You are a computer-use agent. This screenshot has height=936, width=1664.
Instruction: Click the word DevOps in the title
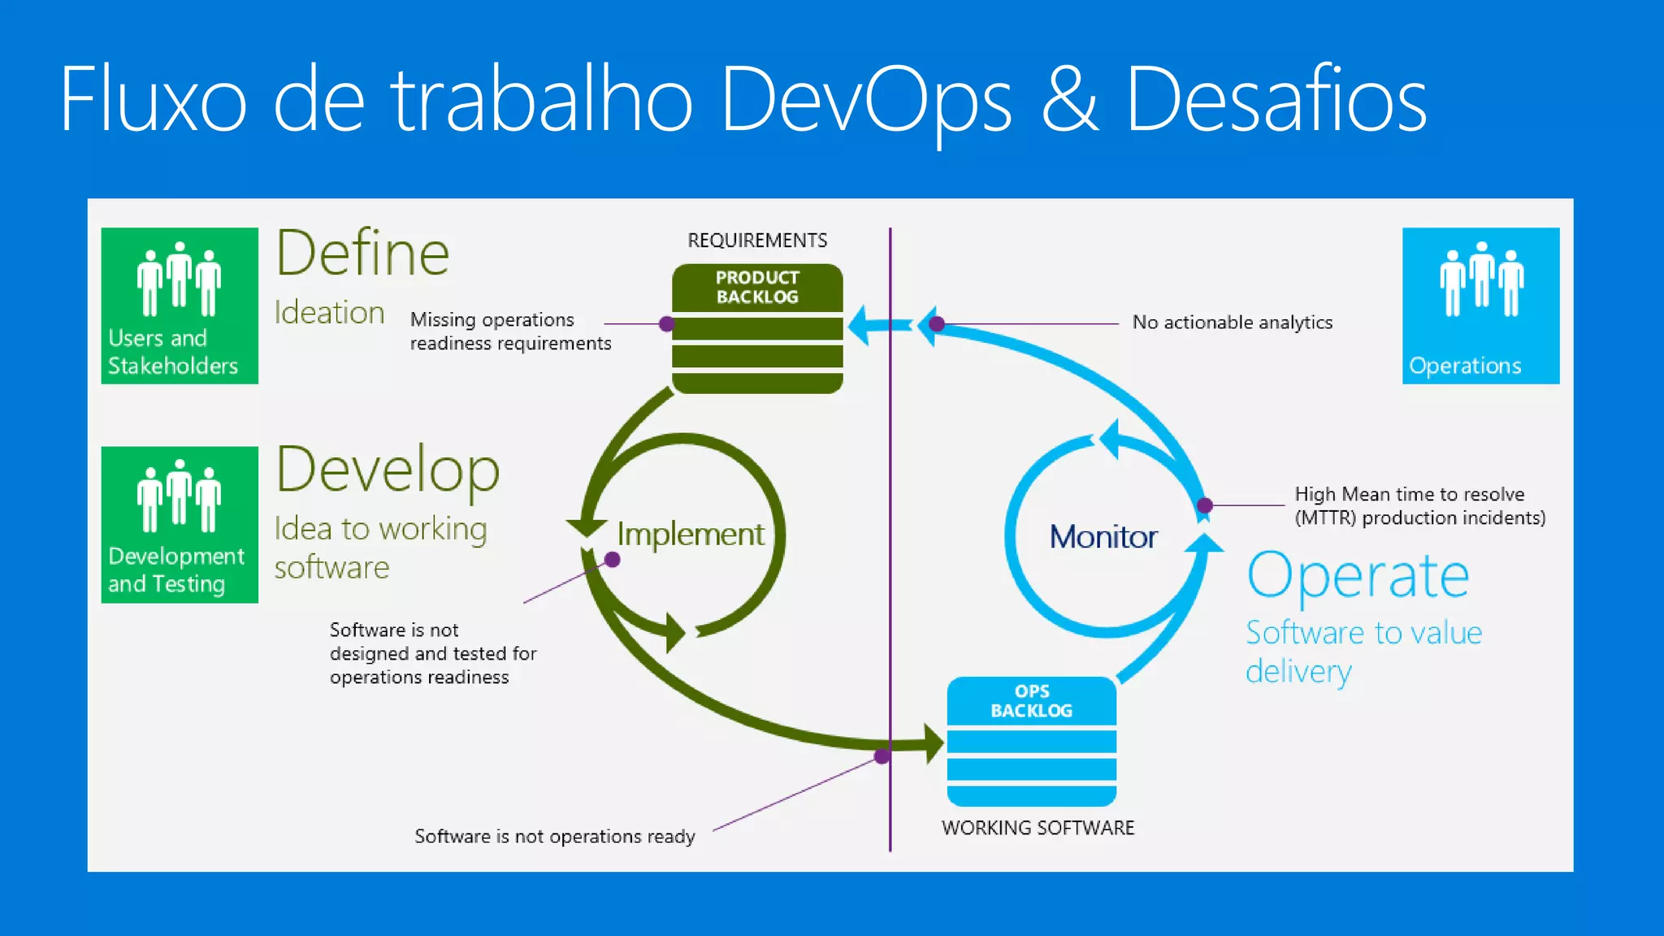coord(866,99)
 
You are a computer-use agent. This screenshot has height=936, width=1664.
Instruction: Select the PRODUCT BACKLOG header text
coord(757,288)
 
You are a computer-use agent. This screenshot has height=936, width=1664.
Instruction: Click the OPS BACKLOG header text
coord(1032,701)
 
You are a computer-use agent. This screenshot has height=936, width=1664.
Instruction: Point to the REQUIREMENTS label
coord(757,240)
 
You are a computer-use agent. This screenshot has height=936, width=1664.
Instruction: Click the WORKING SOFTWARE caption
coord(1038,828)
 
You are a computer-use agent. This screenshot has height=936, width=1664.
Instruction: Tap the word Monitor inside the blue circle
coord(1103,537)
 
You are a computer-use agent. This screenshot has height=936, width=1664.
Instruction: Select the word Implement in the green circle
coord(691,535)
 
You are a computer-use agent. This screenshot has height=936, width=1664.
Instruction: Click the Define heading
coord(362,253)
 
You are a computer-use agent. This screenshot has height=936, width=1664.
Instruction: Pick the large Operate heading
coord(1358,575)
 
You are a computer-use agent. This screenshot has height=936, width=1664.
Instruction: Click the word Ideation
coord(329,313)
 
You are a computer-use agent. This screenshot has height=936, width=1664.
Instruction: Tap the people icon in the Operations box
coord(1481,279)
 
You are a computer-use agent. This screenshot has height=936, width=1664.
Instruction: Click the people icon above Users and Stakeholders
coord(179,279)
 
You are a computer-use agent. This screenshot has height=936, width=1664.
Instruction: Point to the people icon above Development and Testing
coord(179,496)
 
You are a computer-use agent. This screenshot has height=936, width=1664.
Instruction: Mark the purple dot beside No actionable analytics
coord(937,324)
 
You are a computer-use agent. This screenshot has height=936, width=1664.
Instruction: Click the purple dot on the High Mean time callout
coord(1205,505)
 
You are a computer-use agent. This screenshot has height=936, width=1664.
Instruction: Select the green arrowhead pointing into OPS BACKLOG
coord(933,743)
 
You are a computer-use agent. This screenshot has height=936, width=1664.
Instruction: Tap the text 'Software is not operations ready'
coord(555,837)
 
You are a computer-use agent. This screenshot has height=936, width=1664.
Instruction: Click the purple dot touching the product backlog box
coord(666,324)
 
